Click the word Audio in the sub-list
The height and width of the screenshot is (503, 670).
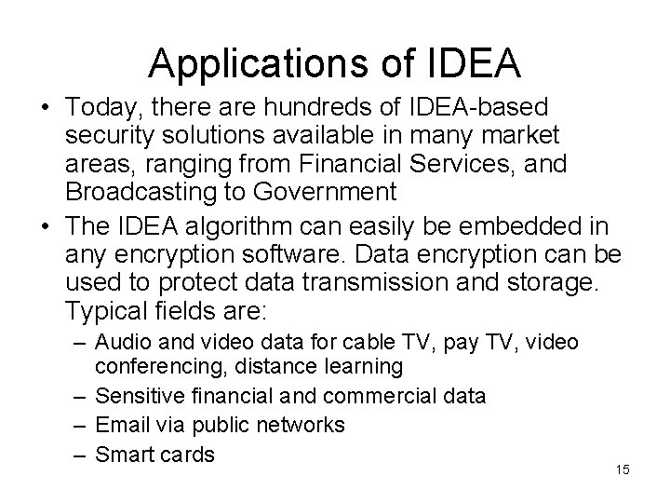click(123, 344)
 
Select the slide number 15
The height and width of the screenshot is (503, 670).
click(623, 470)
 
